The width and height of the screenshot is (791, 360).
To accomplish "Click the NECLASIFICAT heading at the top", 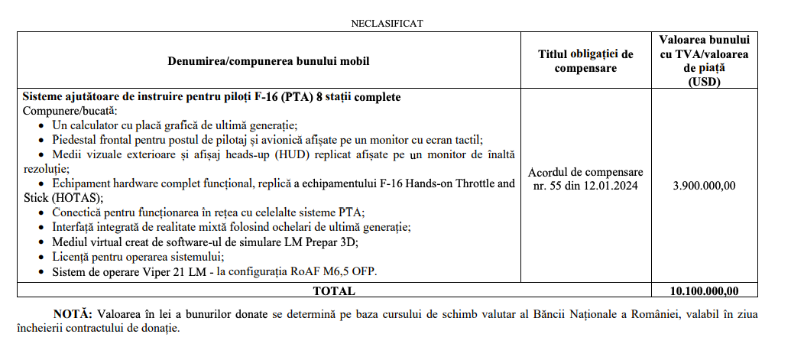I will tap(387, 23).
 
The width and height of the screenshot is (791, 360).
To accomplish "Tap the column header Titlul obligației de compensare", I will tap(585, 60).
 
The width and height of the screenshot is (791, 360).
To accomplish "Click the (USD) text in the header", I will tap(704, 83).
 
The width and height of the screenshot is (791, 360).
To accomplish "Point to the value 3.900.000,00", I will tap(704, 185).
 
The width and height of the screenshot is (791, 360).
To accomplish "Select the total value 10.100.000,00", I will tap(704, 290).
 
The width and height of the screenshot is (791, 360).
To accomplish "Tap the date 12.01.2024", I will tap(611, 185).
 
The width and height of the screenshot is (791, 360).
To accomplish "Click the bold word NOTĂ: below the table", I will tap(73, 315).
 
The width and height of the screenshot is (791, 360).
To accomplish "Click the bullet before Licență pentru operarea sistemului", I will tap(41, 256).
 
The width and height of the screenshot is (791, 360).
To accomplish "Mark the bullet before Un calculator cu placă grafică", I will tap(41, 125).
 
